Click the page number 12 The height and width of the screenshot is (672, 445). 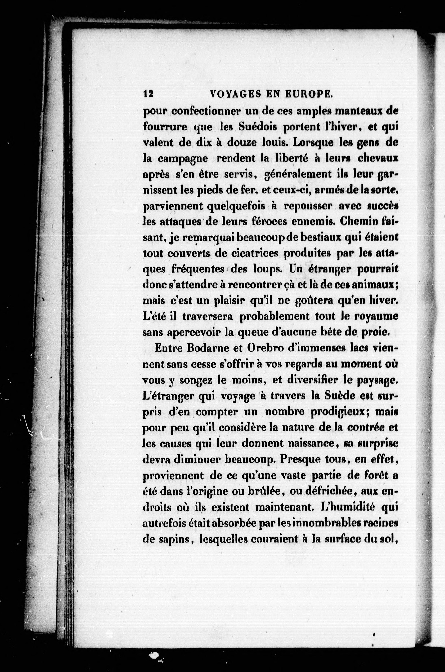(148, 93)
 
